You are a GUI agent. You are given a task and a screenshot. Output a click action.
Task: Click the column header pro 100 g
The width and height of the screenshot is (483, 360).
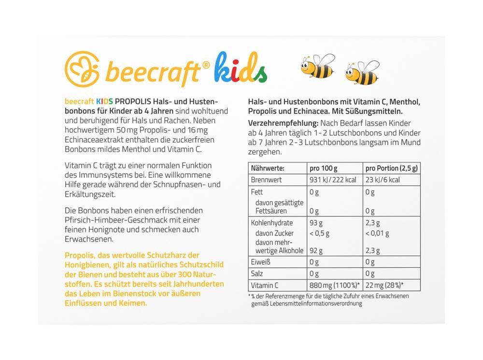324,168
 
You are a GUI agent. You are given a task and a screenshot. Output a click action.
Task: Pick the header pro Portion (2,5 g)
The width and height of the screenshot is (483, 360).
392,168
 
